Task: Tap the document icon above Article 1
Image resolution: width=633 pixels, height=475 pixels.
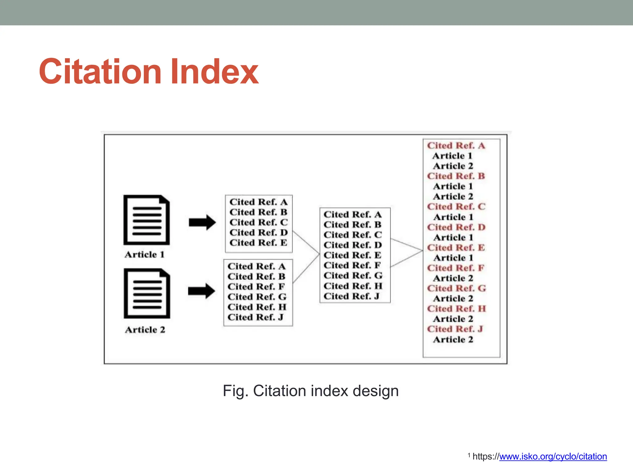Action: (x=147, y=220)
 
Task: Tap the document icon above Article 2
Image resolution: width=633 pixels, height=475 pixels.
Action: (x=147, y=293)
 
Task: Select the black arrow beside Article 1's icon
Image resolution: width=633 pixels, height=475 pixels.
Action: (x=202, y=222)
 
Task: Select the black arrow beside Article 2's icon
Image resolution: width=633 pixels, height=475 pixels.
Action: (x=202, y=291)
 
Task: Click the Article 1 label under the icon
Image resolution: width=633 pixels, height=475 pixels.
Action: (x=144, y=255)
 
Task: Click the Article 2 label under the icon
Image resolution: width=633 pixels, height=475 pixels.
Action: (x=145, y=330)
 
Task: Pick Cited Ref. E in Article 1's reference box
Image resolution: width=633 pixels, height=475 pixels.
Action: (x=258, y=243)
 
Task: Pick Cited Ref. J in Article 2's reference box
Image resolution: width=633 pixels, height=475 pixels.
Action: (x=255, y=317)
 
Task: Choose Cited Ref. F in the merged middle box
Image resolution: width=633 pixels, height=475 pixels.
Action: (x=352, y=265)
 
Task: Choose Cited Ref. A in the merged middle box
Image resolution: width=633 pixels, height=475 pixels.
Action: (x=352, y=214)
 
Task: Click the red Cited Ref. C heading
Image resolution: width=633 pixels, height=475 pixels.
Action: (x=456, y=207)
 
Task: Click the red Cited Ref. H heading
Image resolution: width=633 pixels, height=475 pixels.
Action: (x=456, y=309)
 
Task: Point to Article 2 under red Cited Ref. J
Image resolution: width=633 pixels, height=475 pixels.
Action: (x=453, y=340)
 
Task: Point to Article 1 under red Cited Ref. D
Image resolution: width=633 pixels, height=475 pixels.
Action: (x=453, y=237)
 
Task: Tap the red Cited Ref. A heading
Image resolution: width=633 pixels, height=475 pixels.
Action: (x=456, y=145)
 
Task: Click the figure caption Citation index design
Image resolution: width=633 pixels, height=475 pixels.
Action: (x=311, y=391)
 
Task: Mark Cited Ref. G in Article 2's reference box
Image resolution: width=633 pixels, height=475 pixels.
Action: (x=257, y=297)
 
